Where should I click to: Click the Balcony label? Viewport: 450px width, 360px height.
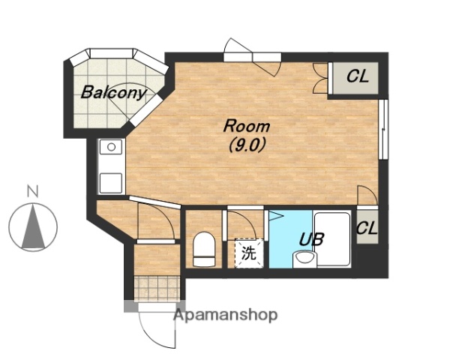click(114, 92)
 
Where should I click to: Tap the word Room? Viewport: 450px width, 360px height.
click(247, 126)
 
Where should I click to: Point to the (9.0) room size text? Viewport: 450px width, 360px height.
click(247, 145)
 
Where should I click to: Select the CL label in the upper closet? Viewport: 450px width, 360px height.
click(357, 76)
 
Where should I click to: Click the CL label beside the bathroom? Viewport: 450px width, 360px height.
click(367, 228)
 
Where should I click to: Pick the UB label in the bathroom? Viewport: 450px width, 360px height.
click(312, 239)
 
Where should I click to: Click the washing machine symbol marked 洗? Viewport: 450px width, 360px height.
click(249, 253)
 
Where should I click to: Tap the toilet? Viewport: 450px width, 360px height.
click(204, 249)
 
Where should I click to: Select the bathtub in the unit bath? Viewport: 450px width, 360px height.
click(332, 239)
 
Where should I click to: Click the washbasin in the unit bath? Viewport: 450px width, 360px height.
click(304, 259)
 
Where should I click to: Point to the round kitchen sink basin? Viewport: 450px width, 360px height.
click(111, 147)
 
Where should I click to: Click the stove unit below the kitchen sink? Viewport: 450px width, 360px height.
click(111, 183)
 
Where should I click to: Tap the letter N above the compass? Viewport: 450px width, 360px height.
click(33, 191)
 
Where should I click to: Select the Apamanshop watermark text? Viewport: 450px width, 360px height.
click(226, 316)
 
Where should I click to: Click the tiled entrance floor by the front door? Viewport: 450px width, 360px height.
click(157, 288)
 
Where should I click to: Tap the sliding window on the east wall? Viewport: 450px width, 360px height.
click(382, 129)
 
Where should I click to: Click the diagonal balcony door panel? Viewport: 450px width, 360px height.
click(146, 110)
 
